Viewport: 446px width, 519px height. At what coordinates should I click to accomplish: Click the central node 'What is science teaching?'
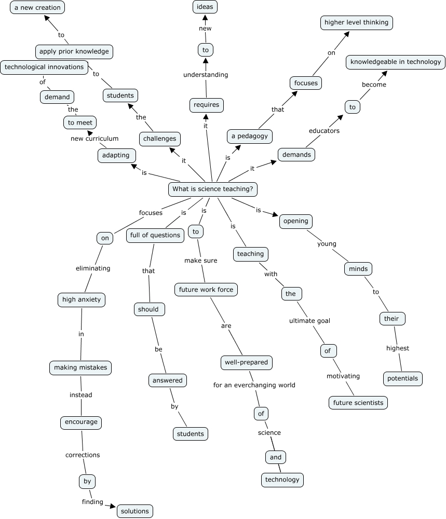pyautogui.click(x=213, y=189)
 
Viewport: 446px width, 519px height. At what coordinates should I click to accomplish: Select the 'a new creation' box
pyautogui.click(x=37, y=7)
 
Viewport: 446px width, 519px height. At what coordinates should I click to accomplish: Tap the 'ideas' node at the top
pyautogui.click(x=205, y=7)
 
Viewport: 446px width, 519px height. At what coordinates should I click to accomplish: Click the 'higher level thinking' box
pyautogui.click(x=356, y=22)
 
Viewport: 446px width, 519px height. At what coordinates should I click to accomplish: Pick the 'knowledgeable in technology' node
pyautogui.click(x=396, y=62)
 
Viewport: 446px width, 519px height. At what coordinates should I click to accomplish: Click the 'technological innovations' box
pyautogui.click(x=44, y=67)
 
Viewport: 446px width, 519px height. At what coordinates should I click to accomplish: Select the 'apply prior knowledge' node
pyautogui.click(x=74, y=51)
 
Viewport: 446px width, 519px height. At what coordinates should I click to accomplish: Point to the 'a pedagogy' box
pyautogui.click(x=250, y=136)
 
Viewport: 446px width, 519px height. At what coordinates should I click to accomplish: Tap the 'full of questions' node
pyautogui.click(x=155, y=235)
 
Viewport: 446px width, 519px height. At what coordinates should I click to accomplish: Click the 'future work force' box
pyautogui.click(x=206, y=290)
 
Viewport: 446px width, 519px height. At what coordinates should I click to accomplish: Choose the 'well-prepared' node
pyautogui.click(x=247, y=362)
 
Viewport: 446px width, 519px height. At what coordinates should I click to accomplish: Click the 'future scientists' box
pyautogui.click(x=358, y=402)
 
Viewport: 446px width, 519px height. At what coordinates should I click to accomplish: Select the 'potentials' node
pyautogui.click(x=402, y=378)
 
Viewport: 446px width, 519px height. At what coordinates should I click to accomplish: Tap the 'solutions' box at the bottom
pyautogui.click(x=135, y=511)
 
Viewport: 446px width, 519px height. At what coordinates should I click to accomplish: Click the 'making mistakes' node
pyautogui.click(x=80, y=367)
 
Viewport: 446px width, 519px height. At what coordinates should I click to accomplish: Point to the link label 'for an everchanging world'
pyautogui.click(x=254, y=385)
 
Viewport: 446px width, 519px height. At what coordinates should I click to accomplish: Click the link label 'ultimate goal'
pyautogui.click(x=309, y=320)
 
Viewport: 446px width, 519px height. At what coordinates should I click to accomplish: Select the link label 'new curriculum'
pyautogui.click(x=95, y=139)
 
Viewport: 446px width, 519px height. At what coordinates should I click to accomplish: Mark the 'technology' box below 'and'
pyautogui.click(x=282, y=480)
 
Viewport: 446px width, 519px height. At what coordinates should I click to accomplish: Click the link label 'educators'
pyautogui.click(x=324, y=131)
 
